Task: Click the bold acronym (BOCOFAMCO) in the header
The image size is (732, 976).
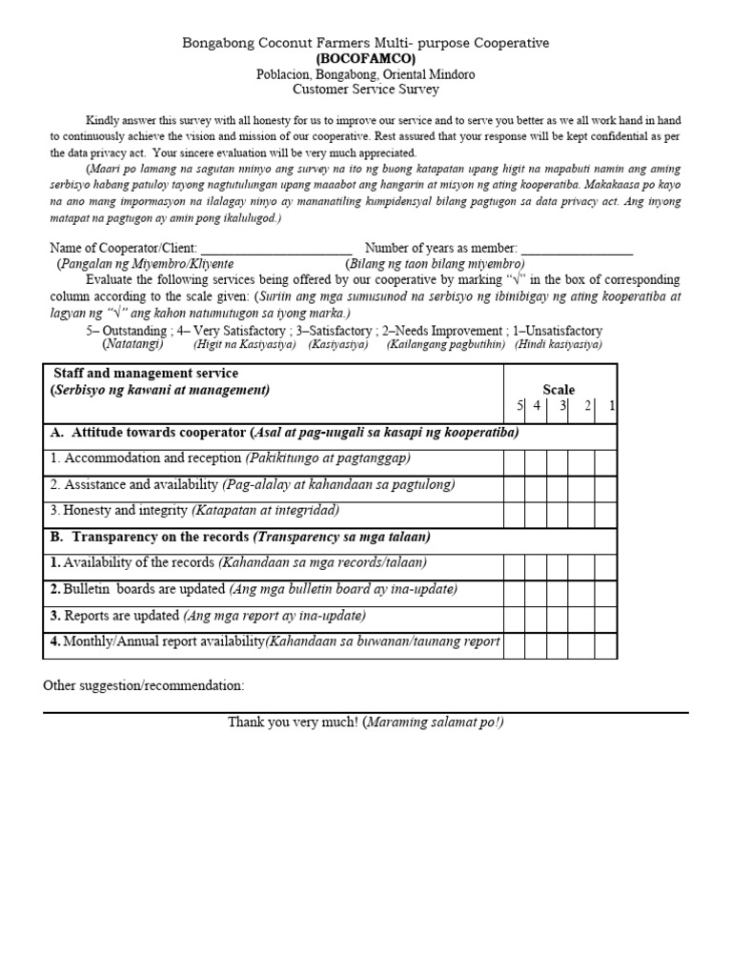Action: (365, 58)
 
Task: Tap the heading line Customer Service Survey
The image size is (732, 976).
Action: (365, 89)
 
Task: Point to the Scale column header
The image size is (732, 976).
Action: (559, 389)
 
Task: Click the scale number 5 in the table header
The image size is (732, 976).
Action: (520, 406)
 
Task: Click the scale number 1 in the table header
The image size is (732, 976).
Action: (611, 406)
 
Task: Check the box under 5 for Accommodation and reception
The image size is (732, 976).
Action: (514, 462)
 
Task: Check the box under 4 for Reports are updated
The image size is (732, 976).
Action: (535, 618)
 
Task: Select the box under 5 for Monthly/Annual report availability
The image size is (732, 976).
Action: (514, 644)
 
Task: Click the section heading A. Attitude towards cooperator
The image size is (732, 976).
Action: (284, 433)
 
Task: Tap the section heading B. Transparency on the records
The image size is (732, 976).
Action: (240, 537)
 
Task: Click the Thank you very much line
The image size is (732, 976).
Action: (365, 722)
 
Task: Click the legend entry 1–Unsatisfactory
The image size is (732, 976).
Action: (558, 331)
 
